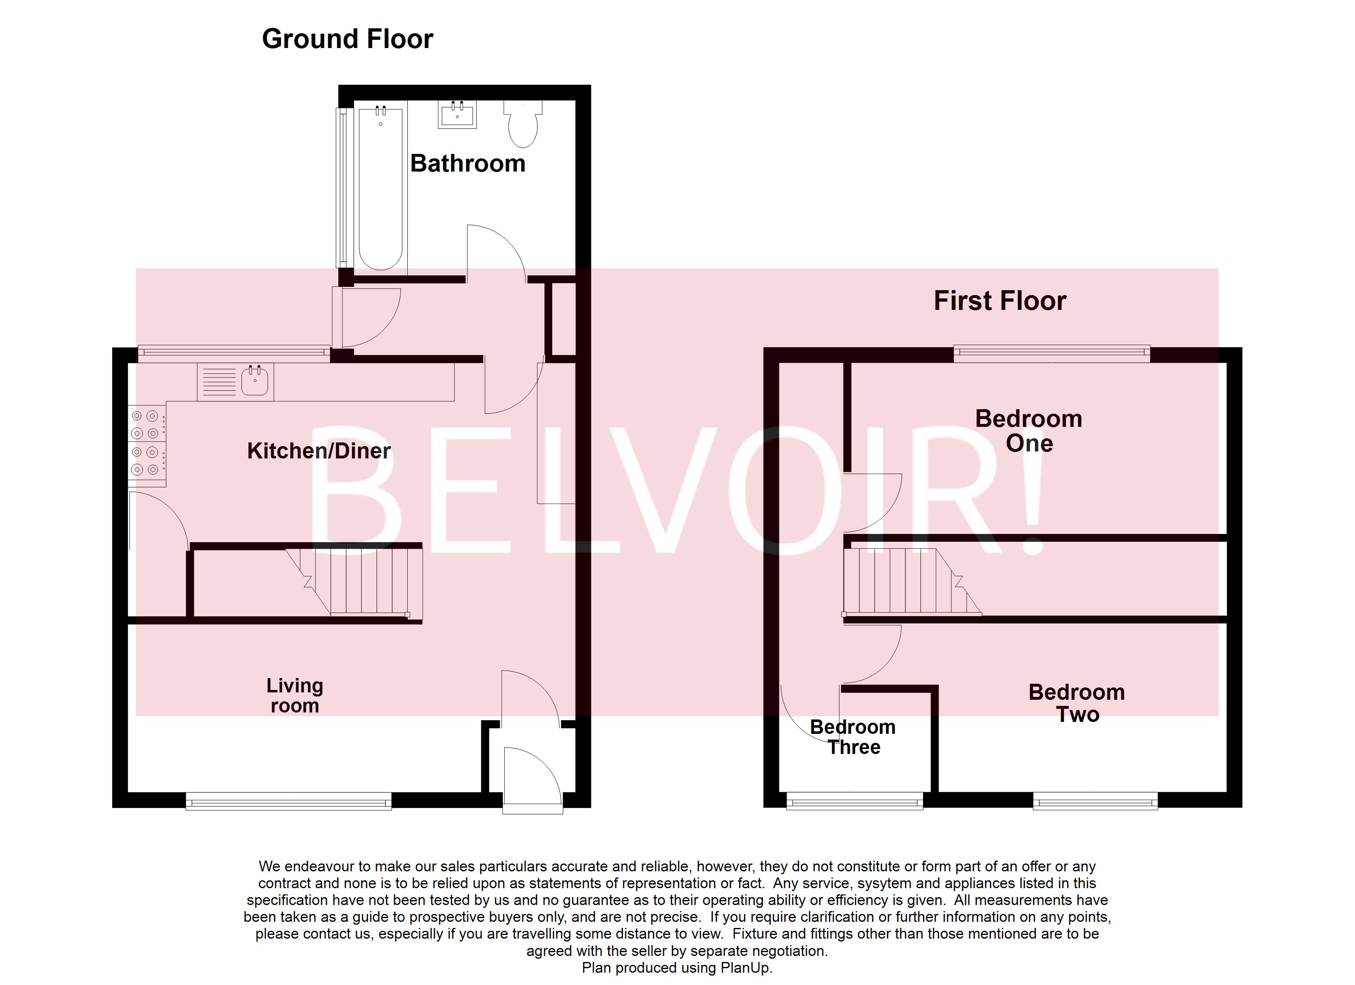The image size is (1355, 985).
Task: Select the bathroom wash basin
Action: click(x=458, y=115)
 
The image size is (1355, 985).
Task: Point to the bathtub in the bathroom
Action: click(x=381, y=188)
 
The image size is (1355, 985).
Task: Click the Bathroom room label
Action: click(x=467, y=164)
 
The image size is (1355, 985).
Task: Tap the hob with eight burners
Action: click(x=146, y=442)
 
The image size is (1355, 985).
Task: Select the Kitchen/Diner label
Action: click(x=319, y=451)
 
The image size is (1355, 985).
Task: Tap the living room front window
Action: click(x=289, y=801)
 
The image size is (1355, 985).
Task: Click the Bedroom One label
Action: click(x=1028, y=431)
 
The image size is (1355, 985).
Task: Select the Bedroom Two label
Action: click(x=1077, y=703)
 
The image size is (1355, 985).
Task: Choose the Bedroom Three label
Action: click(x=853, y=737)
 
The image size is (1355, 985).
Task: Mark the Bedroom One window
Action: click(x=1051, y=354)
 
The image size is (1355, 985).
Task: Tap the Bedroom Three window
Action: click(x=854, y=801)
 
